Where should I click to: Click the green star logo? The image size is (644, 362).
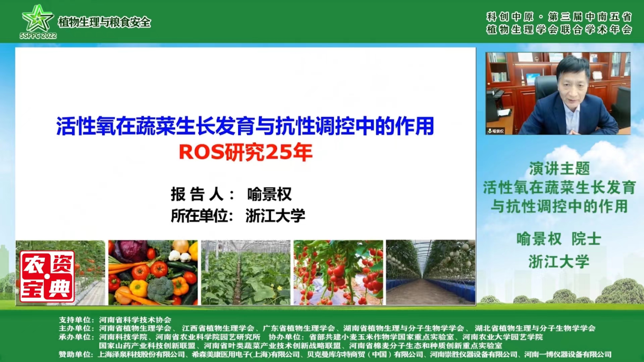click(37, 18)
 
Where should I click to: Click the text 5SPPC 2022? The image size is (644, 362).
click(38, 36)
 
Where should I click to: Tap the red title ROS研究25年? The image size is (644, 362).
click(246, 152)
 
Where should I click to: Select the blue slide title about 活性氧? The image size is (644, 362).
click(245, 126)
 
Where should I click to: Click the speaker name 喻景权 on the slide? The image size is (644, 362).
click(269, 194)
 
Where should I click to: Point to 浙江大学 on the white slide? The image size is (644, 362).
click(275, 216)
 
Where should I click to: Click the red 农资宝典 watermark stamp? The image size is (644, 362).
click(47, 277)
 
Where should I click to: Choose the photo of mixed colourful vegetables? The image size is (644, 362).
click(153, 273)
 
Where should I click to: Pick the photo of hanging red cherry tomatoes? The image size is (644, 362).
click(338, 273)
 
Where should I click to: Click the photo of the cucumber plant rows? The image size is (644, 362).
click(246, 273)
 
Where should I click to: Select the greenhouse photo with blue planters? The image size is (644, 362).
click(431, 273)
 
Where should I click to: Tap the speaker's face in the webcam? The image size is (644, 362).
click(573, 84)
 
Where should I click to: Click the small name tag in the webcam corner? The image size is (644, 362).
click(496, 131)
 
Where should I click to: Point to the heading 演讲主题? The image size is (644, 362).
click(559, 169)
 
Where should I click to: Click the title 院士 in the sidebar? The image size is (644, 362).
click(586, 239)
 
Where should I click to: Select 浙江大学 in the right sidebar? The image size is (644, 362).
click(559, 261)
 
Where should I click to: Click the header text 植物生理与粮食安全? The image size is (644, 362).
click(104, 22)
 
